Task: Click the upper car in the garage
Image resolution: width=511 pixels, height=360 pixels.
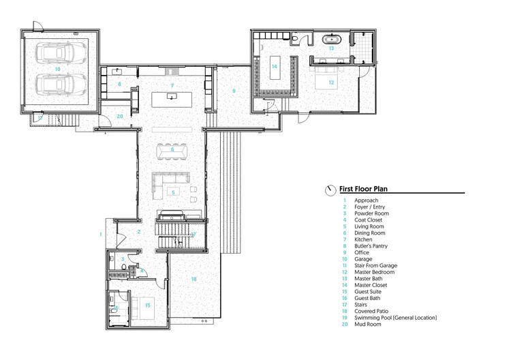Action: click(x=61, y=52)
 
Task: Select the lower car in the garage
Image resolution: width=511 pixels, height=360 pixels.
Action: click(x=61, y=86)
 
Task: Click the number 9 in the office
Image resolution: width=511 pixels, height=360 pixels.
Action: click(x=233, y=91)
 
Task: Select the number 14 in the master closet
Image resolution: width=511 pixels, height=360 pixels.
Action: click(x=274, y=67)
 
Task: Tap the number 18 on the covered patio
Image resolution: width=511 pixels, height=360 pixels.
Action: click(x=193, y=279)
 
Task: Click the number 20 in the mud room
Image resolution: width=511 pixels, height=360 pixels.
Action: click(x=119, y=117)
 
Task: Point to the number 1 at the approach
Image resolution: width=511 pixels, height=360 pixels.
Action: click(x=100, y=235)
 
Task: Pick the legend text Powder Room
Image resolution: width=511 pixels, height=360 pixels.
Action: click(x=369, y=214)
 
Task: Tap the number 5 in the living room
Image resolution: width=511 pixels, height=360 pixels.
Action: click(x=173, y=193)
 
